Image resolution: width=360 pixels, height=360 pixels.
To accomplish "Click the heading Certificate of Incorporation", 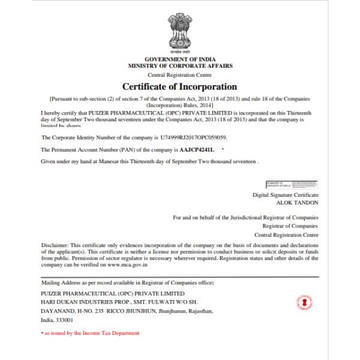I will coord(180,87).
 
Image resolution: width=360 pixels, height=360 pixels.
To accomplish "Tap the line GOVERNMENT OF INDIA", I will coord(180,59).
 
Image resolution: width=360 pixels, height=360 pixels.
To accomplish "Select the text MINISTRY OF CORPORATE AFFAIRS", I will coord(180,66).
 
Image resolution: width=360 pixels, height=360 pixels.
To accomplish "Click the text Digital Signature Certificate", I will coord(286,196).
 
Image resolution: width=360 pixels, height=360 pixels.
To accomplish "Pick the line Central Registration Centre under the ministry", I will coord(180,75).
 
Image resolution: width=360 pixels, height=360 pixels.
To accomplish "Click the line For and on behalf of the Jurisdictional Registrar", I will coord(245,217).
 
